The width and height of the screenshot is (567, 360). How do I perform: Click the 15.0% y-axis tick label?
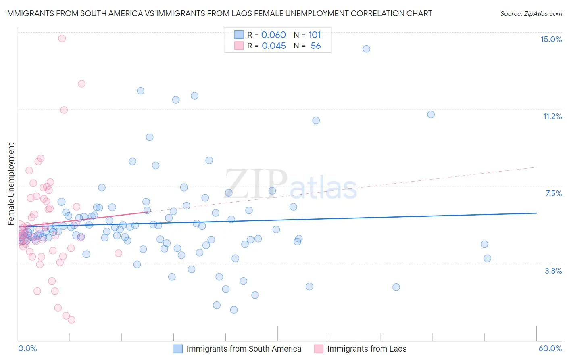(x=551, y=39)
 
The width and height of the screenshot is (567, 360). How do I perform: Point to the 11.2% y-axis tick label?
(x=552, y=116)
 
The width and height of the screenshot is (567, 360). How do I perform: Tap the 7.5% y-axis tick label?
(x=553, y=193)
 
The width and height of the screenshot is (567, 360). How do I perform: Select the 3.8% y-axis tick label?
(x=553, y=271)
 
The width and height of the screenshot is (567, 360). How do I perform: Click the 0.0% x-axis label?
(x=27, y=348)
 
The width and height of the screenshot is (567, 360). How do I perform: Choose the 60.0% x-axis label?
(x=550, y=348)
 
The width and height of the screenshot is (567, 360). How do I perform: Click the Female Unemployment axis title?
(x=11, y=184)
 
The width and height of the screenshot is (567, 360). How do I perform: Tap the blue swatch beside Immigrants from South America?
(x=178, y=349)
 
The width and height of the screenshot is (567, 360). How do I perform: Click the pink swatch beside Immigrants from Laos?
(x=319, y=349)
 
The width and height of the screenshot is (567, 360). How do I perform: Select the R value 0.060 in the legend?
(x=273, y=35)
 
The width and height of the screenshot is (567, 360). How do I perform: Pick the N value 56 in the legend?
(x=316, y=46)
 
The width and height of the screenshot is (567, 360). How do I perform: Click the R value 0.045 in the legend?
(x=273, y=46)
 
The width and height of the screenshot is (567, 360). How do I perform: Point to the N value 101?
(x=315, y=35)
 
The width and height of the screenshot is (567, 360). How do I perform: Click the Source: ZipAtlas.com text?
(x=531, y=14)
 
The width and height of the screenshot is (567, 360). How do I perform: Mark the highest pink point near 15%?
(x=62, y=38)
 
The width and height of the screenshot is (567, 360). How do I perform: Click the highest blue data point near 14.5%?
(x=366, y=49)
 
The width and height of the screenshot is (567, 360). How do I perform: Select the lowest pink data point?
(x=71, y=320)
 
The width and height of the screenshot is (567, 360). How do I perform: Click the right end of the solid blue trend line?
(x=536, y=213)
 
